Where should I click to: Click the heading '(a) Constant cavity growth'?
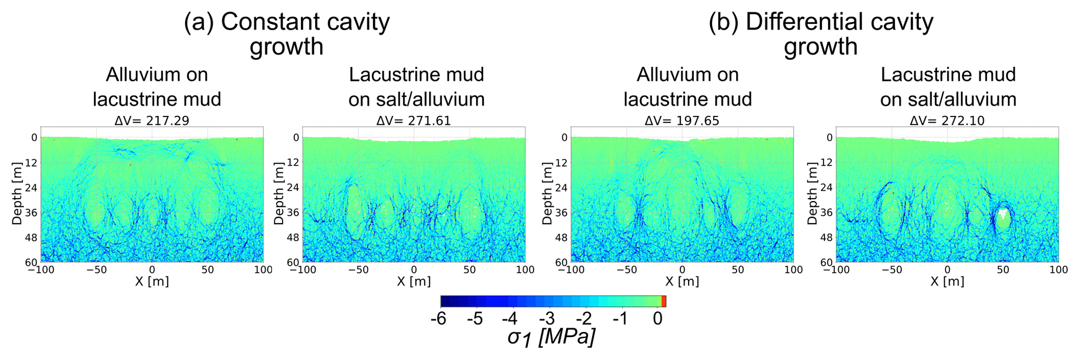pos(286,34)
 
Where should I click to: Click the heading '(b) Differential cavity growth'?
pos(820,34)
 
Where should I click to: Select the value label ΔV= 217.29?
pos(152,121)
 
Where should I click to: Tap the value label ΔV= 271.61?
pos(413,121)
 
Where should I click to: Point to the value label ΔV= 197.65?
pos(682,121)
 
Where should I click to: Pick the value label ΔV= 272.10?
pos(947,121)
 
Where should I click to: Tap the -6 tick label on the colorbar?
pos(438,318)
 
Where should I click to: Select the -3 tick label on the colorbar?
pos(549,318)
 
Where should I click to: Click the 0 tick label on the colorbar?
pos(658,318)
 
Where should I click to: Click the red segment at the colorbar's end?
pos(664,301)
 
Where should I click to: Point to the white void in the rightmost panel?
pos(1002,214)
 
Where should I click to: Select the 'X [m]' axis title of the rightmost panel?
pos(947,281)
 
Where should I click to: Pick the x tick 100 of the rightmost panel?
pos(1058,270)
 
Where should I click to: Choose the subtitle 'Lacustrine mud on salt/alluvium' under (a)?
pos(416,87)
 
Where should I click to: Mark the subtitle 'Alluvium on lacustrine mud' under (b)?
pos(688,87)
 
